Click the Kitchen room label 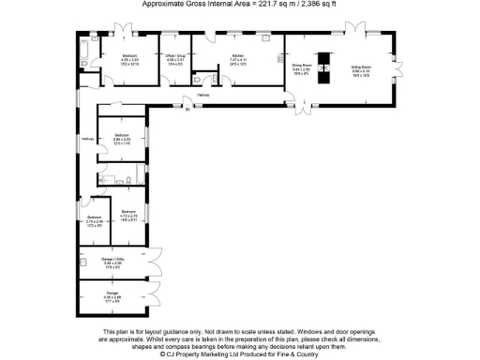tap(238, 55)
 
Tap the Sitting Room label tap(361, 67)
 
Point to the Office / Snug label tap(175, 55)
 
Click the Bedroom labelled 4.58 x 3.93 tap(128, 55)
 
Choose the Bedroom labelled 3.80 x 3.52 tap(122, 135)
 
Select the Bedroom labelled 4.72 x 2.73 tap(128, 213)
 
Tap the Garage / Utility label tap(112, 260)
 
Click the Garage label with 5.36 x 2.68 tap(112, 293)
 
